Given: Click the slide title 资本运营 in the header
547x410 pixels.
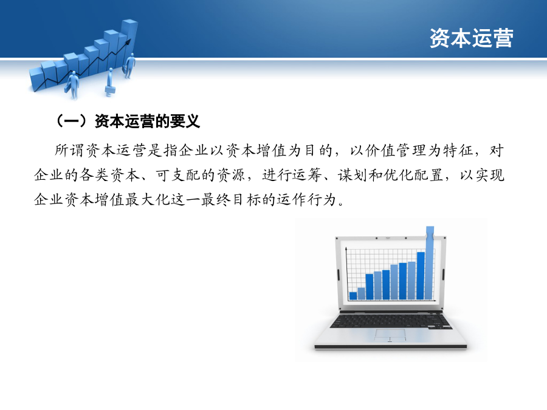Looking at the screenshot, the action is tap(471, 38).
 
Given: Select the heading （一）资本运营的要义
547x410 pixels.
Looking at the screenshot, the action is tap(128, 121).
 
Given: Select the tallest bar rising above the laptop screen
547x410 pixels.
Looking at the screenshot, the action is tap(430, 263).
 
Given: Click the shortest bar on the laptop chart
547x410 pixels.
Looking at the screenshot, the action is tap(353, 296).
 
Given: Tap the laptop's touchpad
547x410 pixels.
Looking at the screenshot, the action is tap(390, 335).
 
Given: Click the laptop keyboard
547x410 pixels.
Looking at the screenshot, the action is tap(390, 320).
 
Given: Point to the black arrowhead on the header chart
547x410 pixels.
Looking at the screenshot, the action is tap(128, 42).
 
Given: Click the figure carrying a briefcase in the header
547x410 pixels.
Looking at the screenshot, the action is tap(110, 82).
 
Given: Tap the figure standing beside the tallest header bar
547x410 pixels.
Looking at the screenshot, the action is tap(129, 66).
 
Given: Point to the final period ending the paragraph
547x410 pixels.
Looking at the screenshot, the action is tap(341, 204).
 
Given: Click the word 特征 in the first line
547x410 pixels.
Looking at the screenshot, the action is tap(458, 151).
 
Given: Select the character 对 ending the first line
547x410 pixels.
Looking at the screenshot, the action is tap(497, 151).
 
